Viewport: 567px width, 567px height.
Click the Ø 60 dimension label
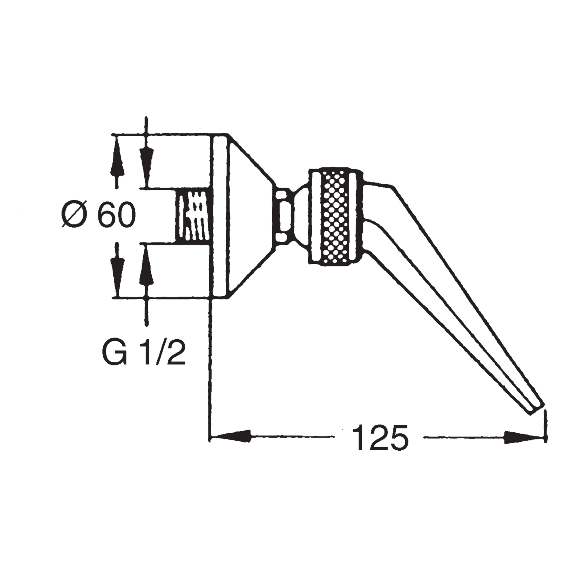click(98, 215)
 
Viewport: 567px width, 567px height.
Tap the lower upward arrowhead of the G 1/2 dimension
click(146, 265)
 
